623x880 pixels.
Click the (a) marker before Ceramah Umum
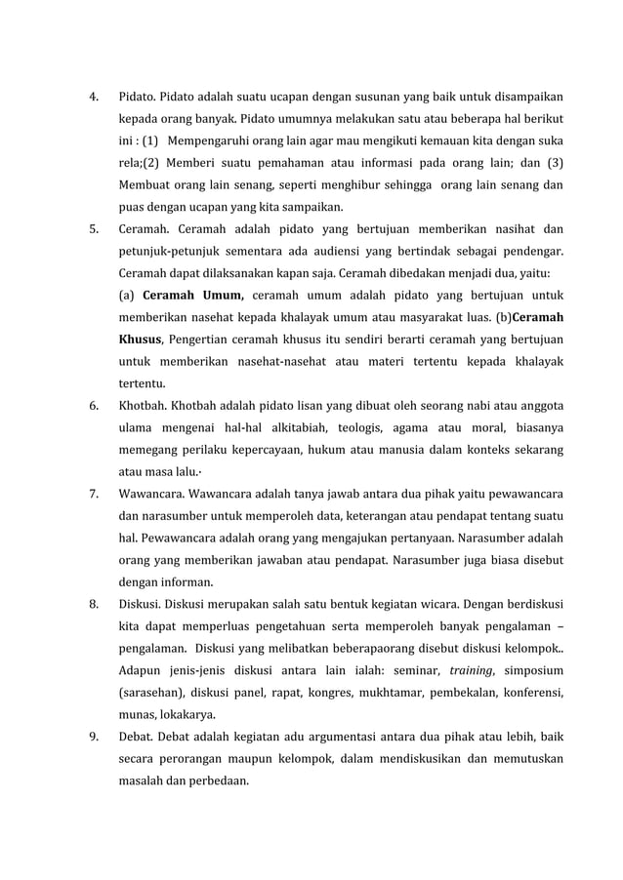[127, 295]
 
